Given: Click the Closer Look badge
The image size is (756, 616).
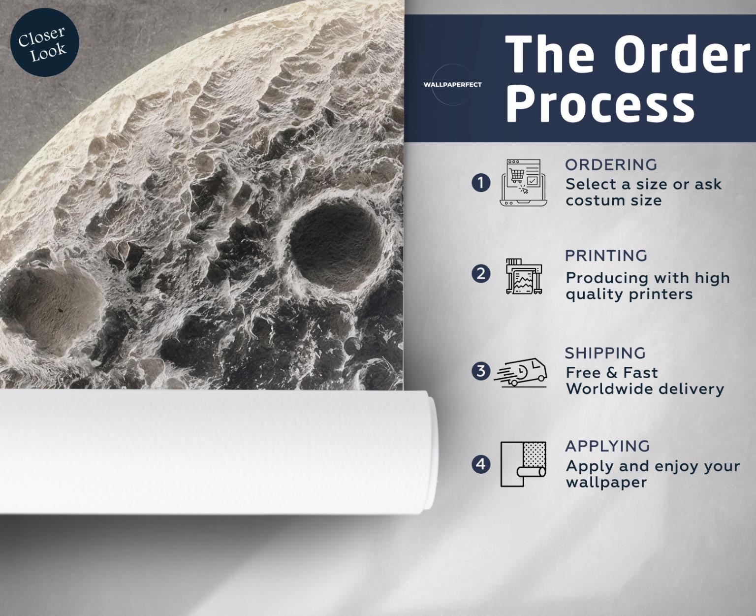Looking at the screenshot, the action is click(x=44, y=42).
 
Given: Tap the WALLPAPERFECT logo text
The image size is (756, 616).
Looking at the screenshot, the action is click(x=452, y=85).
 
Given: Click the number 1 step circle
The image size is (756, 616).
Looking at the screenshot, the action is click(x=481, y=183).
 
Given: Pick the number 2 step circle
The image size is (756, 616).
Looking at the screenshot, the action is click(x=481, y=274).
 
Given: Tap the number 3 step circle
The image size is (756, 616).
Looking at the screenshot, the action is click(x=481, y=371).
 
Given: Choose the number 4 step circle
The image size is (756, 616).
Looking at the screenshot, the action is click(x=481, y=464).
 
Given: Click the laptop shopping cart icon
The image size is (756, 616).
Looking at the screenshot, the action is click(x=524, y=183).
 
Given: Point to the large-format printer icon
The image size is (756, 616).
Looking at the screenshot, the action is click(x=524, y=276).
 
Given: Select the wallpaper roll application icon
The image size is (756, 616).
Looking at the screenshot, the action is click(x=523, y=464).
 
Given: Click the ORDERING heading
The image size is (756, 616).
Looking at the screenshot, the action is click(x=611, y=165).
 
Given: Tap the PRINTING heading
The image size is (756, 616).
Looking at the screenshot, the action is click(x=606, y=256).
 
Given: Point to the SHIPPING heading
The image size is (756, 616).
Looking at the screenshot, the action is click(x=605, y=353).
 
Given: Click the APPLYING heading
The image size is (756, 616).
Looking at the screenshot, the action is click(x=607, y=446).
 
